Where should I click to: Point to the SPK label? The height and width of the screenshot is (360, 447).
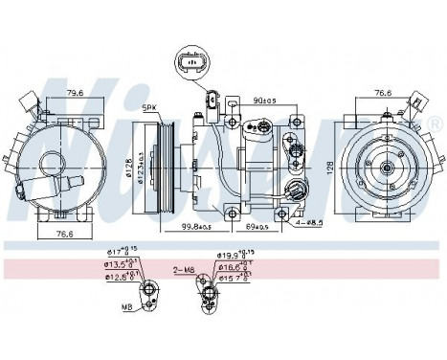tap(151, 107)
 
